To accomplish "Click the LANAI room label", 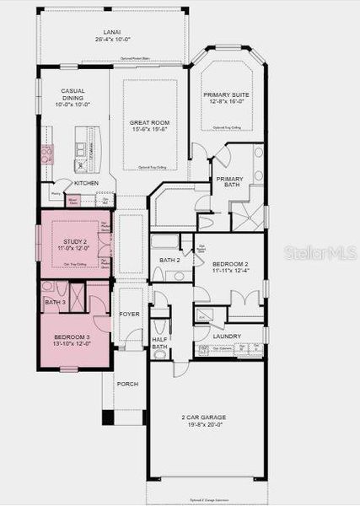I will pyautogui.click(x=112, y=32).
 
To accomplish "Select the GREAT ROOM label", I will pyautogui.click(x=150, y=123).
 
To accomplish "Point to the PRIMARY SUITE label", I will pyautogui.click(x=225, y=95).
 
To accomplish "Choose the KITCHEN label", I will pyautogui.click(x=87, y=183).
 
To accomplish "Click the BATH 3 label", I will pyautogui.click(x=55, y=302).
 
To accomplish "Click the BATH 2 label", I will pyautogui.click(x=170, y=260).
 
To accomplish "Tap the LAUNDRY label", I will pyautogui.click(x=227, y=336).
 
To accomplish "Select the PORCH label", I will pyautogui.click(x=127, y=384).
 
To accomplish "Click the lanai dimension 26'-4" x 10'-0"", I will pyautogui.click(x=112, y=40).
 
